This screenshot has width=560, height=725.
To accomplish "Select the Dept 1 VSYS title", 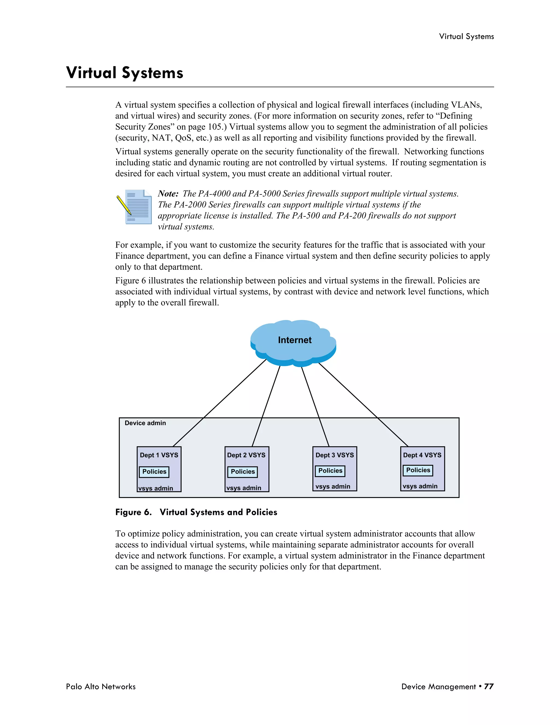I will point(159,455).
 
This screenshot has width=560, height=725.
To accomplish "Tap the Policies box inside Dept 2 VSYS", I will point(243,472).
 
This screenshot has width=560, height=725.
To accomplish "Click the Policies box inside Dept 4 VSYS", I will point(418,470).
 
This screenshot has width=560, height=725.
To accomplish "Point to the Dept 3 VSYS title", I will point(334,455).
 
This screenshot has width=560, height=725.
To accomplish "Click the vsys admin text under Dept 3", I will point(333,486).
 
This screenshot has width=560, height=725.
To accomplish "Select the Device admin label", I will point(145,423).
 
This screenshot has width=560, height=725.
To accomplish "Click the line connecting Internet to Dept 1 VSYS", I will point(219,403).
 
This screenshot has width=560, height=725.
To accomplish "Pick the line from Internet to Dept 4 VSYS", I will point(363,404).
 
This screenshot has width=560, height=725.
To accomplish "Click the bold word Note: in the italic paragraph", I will point(168,194).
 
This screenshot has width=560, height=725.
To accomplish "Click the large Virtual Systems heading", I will point(125,73).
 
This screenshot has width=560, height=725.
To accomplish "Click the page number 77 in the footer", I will point(489,686).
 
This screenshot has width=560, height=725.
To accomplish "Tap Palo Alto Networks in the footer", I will point(101,686).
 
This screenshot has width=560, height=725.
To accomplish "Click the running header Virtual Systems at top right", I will point(466,36).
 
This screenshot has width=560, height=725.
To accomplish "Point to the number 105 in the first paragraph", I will point(215,127).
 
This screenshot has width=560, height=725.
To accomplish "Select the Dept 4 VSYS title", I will point(422,455).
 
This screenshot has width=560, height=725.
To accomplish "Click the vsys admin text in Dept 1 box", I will point(156,488).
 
